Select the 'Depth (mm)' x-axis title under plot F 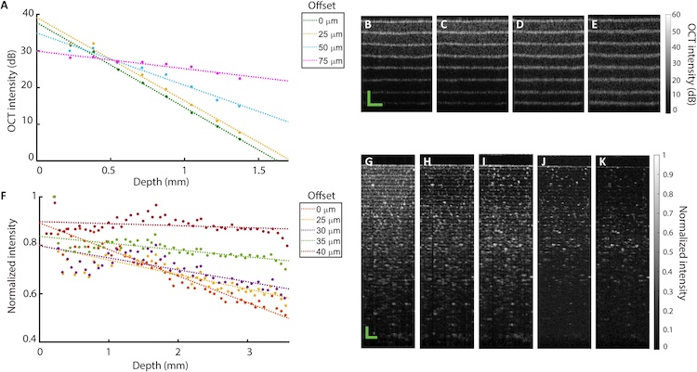164,368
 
